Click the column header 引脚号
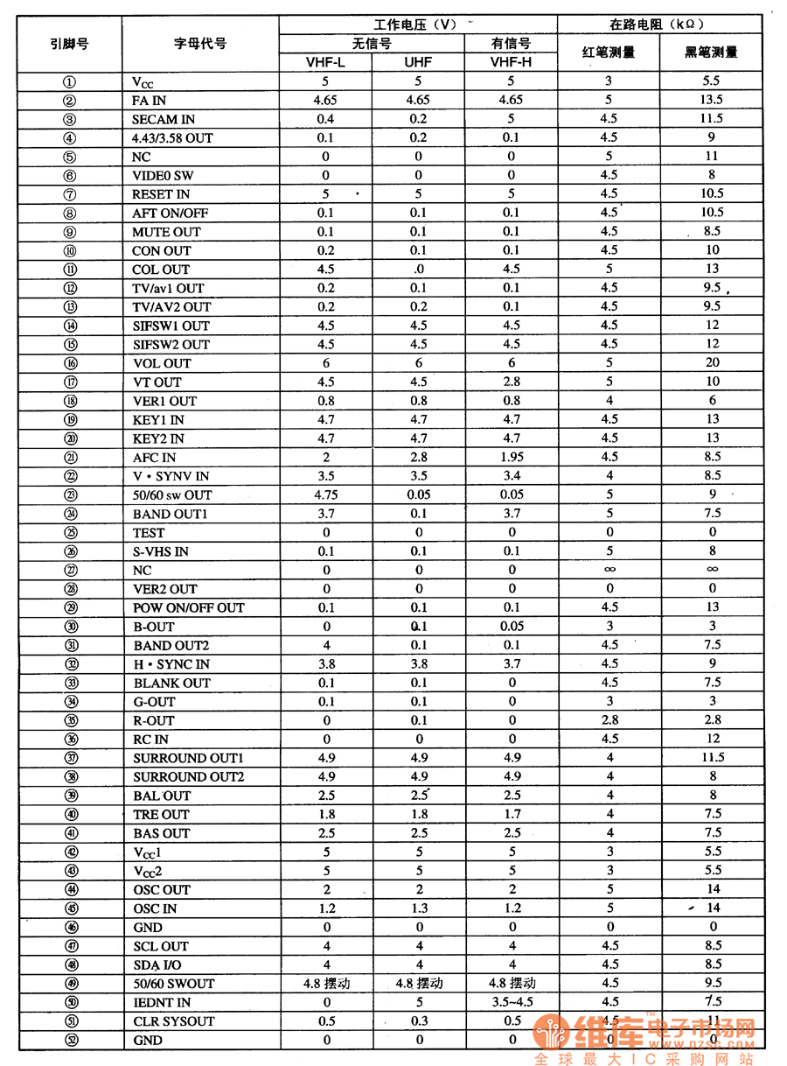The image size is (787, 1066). click(x=69, y=43)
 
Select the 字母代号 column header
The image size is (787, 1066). click(x=200, y=43)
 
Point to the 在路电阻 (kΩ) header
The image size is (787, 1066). click(x=657, y=25)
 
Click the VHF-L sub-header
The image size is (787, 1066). click(x=325, y=62)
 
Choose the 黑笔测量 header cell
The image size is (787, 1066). click(x=711, y=52)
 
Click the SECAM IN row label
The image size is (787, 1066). click(x=164, y=119)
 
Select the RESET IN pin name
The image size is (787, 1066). click(x=161, y=194)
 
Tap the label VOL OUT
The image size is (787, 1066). click(x=162, y=363)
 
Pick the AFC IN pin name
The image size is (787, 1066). click(x=154, y=457)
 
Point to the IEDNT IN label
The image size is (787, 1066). click(x=162, y=1002)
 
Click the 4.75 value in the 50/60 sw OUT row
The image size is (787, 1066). click(x=326, y=494)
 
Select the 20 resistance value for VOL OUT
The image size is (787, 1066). click(x=713, y=362)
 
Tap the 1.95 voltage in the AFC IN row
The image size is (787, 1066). click(x=512, y=457)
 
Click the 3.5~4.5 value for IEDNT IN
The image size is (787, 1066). click(x=512, y=1002)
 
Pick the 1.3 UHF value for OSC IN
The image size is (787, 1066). click(x=419, y=908)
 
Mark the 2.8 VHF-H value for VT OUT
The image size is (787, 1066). click(x=512, y=382)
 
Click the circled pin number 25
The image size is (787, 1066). click(x=70, y=532)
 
